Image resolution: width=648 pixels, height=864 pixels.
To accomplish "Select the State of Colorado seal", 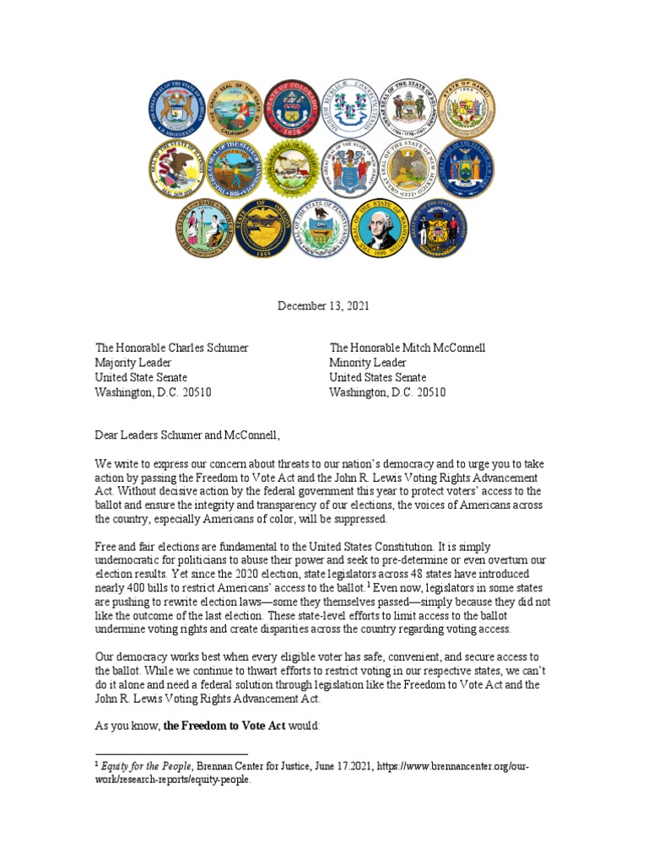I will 291,108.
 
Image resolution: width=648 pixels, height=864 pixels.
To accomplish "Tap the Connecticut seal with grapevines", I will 348,108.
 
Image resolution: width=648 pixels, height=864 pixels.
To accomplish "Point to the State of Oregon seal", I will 263,229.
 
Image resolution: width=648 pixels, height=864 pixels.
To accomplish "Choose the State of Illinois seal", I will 176,167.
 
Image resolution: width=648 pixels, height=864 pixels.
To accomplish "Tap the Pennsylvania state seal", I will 321,229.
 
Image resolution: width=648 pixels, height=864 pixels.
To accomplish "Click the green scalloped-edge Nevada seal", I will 291,167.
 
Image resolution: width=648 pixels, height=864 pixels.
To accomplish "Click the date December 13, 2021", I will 323,305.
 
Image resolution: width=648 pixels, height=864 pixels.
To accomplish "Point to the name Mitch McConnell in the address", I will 443,348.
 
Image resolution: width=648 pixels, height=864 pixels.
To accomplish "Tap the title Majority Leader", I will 133,363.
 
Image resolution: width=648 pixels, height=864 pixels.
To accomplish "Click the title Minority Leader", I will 368,363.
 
